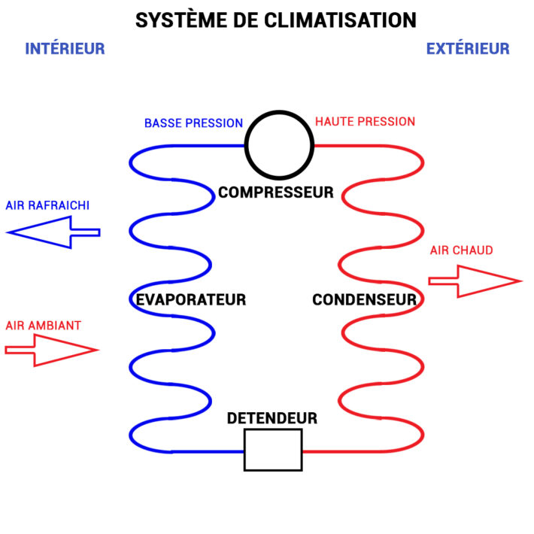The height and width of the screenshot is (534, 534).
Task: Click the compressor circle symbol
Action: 279,144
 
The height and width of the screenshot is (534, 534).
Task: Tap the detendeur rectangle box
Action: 272,450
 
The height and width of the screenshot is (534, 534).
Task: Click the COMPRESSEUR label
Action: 275,193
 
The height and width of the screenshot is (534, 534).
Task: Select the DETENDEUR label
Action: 272,418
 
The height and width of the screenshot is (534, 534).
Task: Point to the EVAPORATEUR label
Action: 191,299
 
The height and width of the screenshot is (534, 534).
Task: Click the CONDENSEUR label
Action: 364,299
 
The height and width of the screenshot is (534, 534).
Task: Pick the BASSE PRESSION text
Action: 193,123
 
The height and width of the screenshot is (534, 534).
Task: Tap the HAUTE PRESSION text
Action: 365,121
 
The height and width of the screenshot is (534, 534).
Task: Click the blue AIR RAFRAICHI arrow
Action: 53,232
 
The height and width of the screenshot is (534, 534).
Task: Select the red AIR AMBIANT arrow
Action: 51,350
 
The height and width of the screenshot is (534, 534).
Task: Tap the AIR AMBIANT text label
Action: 44,326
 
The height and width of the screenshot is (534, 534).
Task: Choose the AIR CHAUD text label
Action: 461,250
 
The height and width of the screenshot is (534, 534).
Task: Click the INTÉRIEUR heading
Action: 65,49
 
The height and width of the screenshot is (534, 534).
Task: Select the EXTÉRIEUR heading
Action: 467,49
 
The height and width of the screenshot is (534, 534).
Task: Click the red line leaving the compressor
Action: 353,145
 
